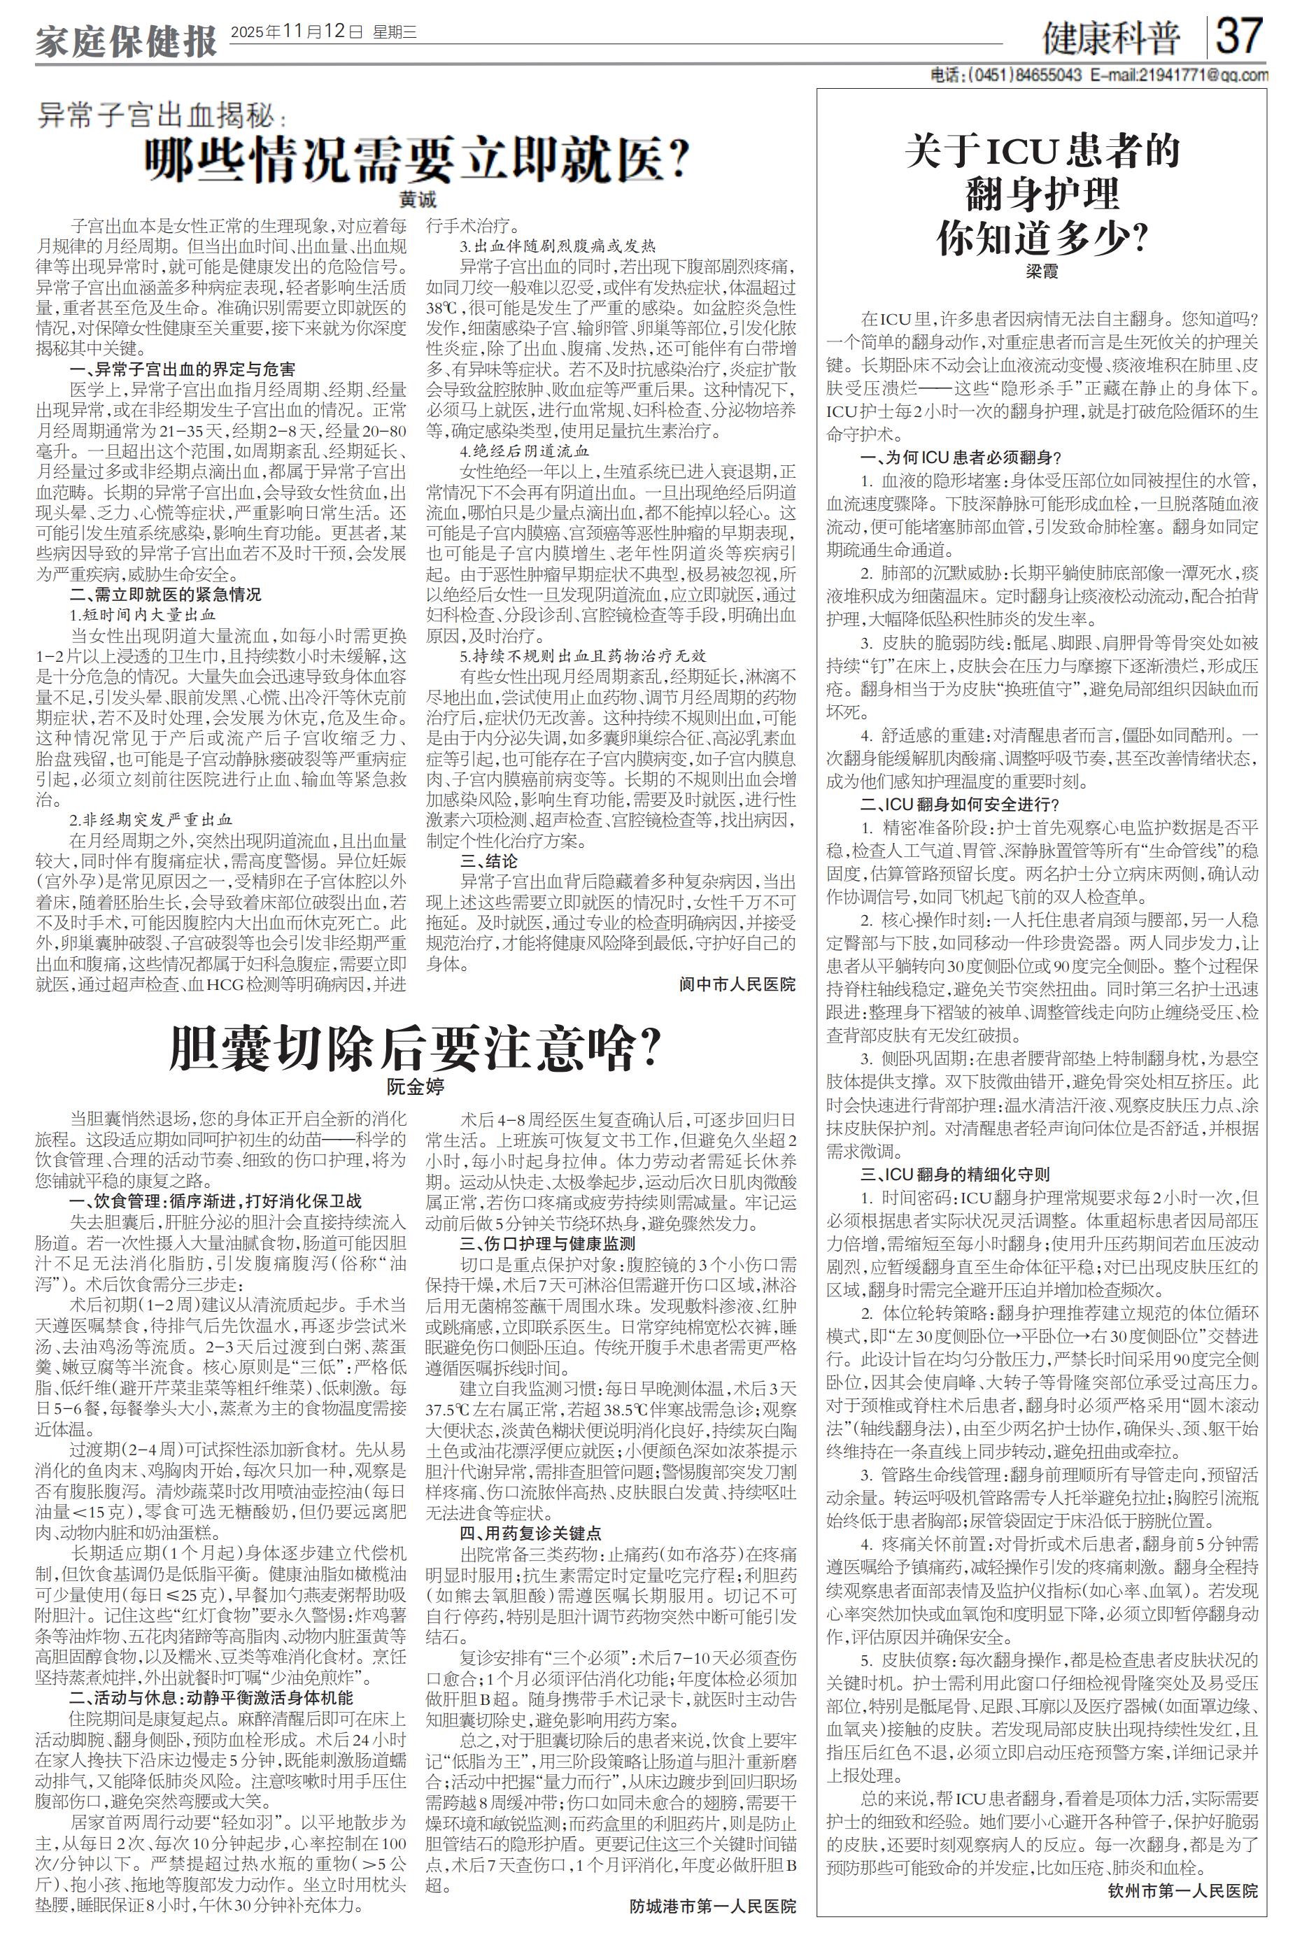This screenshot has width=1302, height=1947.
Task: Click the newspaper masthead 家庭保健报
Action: pyautogui.click(x=126, y=41)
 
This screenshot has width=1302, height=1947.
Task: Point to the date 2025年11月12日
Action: pyautogui.click(x=297, y=33)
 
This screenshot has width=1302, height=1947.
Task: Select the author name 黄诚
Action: pyautogui.click(x=417, y=200)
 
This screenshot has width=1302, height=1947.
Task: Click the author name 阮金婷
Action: pyautogui.click(x=415, y=1085)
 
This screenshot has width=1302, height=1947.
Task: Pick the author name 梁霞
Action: pyautogui.click(x=1042, y=271)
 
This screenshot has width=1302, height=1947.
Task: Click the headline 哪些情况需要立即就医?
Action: pyautogui.click(x=417, y=157)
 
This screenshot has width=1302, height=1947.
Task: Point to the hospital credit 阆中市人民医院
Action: pyautogui.click(x=737, y=984)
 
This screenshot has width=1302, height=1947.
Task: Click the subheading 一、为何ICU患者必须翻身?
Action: pyautogui.click(x=961, y=457)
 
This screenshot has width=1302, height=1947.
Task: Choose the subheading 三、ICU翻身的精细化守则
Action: pyautogui.click(x=955, y=1175)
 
